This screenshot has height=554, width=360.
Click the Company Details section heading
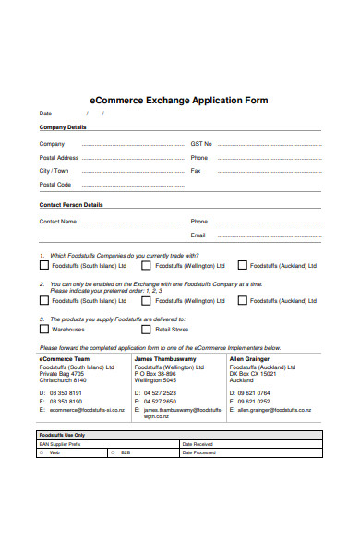[x=62, y=126]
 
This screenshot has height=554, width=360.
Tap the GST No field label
[x=201, y=144]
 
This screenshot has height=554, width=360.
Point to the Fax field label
[x=196, y=171]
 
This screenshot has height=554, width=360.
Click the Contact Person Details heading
[x=70, y=205]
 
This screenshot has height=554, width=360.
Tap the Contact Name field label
[x=57, y=222]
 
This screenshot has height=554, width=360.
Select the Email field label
[x=198, y=235]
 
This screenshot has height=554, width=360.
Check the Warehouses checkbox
[x=43, y=329]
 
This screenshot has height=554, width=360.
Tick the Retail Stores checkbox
[x=146, y=329]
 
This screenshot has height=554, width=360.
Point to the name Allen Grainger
[x=250, y=358]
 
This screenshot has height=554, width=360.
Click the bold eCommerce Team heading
[x=64, y=358]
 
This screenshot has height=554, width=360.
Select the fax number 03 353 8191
[x=66, y=402]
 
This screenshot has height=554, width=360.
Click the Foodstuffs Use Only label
[x=63, y=434]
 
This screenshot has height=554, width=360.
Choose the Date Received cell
[x=198, y=444]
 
